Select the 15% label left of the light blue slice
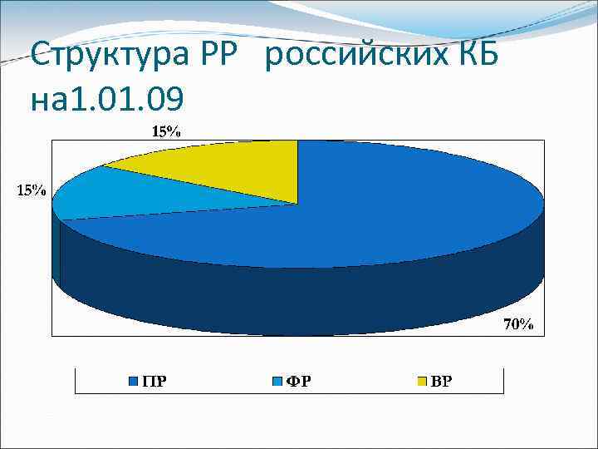(x=28, y=190)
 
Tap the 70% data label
(x=519, y=324)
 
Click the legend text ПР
(x=153, y=382)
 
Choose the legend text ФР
(x=300, y=382)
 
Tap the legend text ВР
(x=442, y=382)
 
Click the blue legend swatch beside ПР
(x=133, y=382)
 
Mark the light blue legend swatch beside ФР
(x=278, y=382)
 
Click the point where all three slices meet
(x=297, y=203)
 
